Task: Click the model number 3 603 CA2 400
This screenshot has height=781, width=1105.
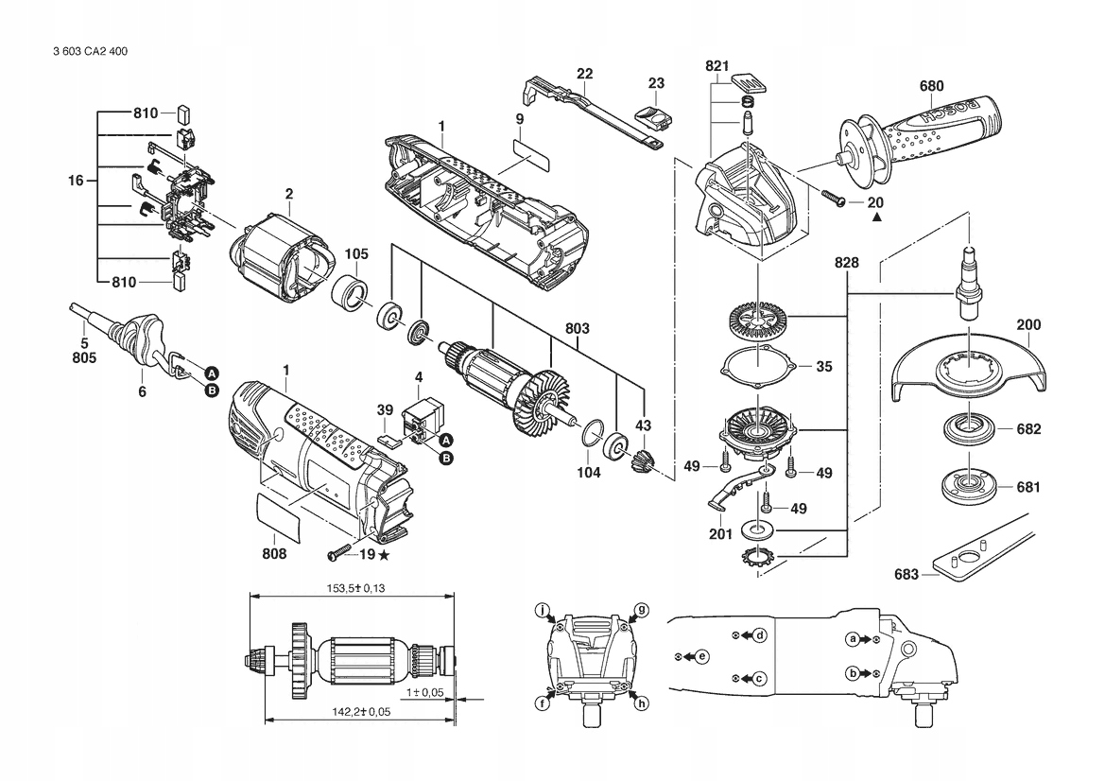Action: point(90,51)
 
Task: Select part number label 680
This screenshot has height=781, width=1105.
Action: point(931,86)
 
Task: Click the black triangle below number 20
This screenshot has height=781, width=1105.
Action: point(876,217)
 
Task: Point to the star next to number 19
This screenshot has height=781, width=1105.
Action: point(384,555)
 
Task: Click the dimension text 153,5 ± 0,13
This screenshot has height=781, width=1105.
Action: point(355,588)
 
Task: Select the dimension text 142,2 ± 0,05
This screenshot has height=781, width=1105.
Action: point(361,712)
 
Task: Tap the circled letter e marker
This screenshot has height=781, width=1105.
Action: point(702,656)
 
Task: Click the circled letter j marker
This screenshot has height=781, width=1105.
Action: point(542,610)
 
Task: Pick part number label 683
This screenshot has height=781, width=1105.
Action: point(906,575)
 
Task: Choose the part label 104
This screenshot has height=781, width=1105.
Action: point(589,473)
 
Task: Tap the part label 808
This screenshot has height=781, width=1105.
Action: point(274,554)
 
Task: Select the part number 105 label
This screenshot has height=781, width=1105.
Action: point(355,253)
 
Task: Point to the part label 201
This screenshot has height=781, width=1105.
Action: point(721,534)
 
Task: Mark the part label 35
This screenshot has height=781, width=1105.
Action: point(824,367)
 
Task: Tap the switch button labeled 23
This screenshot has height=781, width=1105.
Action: point(653,116)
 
